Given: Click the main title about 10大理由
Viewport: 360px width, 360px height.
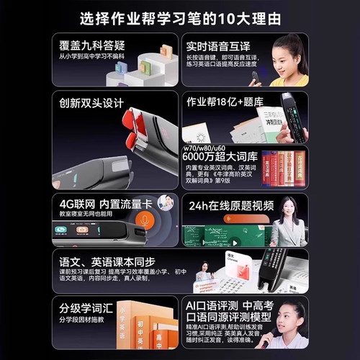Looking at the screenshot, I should pos(180,17).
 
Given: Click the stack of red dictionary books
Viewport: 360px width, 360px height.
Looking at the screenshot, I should pos(283,168).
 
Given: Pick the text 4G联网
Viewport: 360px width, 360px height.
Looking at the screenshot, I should pos(76,203).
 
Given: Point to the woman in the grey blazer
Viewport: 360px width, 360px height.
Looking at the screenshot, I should pos(288,223).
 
